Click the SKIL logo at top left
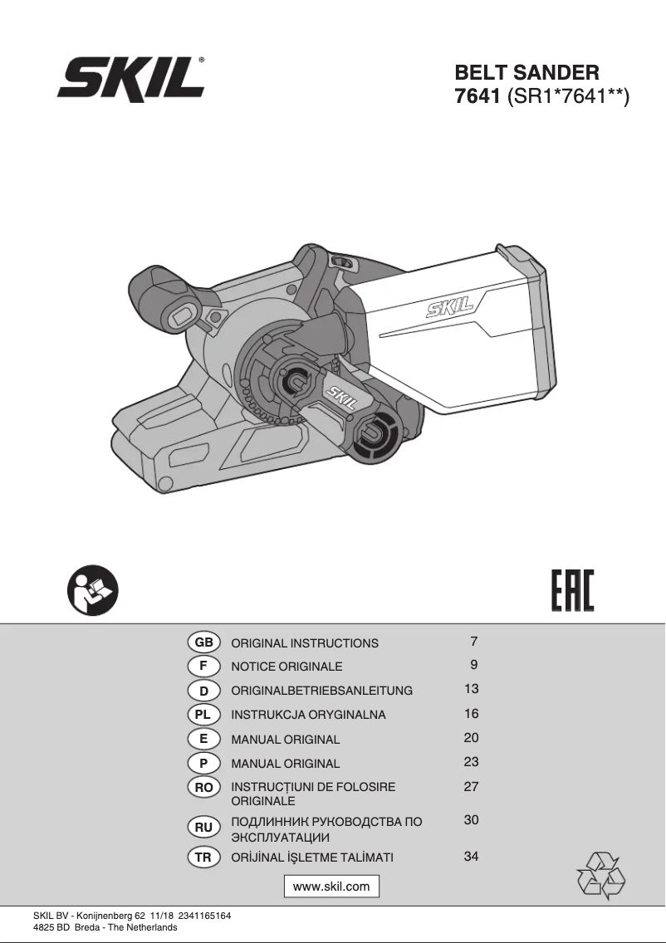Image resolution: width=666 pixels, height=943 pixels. point(131,81)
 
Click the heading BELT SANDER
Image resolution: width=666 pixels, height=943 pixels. point(526,73)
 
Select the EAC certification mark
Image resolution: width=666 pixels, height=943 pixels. point(573,591)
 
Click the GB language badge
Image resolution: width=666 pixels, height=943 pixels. point(203,643)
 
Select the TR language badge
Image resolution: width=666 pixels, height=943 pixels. point(203,857)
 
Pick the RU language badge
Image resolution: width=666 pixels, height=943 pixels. point(203,828)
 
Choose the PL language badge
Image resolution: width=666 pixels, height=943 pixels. point(203,714)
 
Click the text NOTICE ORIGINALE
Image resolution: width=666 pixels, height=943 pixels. point(286,667)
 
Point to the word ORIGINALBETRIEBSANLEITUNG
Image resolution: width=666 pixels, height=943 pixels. point(321,691)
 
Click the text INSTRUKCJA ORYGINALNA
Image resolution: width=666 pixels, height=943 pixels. point(308,715)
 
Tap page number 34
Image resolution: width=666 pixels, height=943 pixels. point(471,857)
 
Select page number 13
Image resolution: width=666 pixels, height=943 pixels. point(471,689)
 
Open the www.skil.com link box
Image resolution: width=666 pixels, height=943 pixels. point(331,887)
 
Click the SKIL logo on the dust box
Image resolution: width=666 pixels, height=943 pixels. point(449,309)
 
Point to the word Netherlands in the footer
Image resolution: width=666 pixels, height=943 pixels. point(153,927)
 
